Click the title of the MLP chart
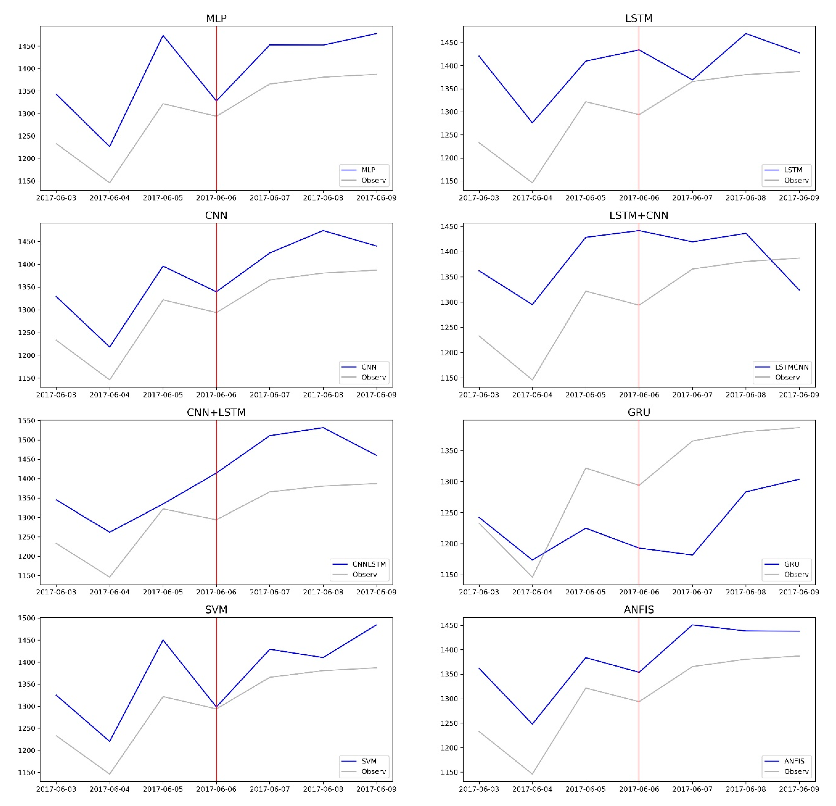[216, 18]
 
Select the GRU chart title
[639, 412]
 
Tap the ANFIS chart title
[639, 609]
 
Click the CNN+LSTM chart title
[216, 412]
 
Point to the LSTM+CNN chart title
[639, 215]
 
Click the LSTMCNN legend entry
[791, 367]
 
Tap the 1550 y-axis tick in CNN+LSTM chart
[26, 421]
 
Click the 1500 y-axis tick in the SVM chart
[26, 618]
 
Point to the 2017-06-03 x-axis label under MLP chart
[56, 198]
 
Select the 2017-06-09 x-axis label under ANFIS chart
[799, 789]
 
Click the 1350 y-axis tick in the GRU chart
[450, 451]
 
